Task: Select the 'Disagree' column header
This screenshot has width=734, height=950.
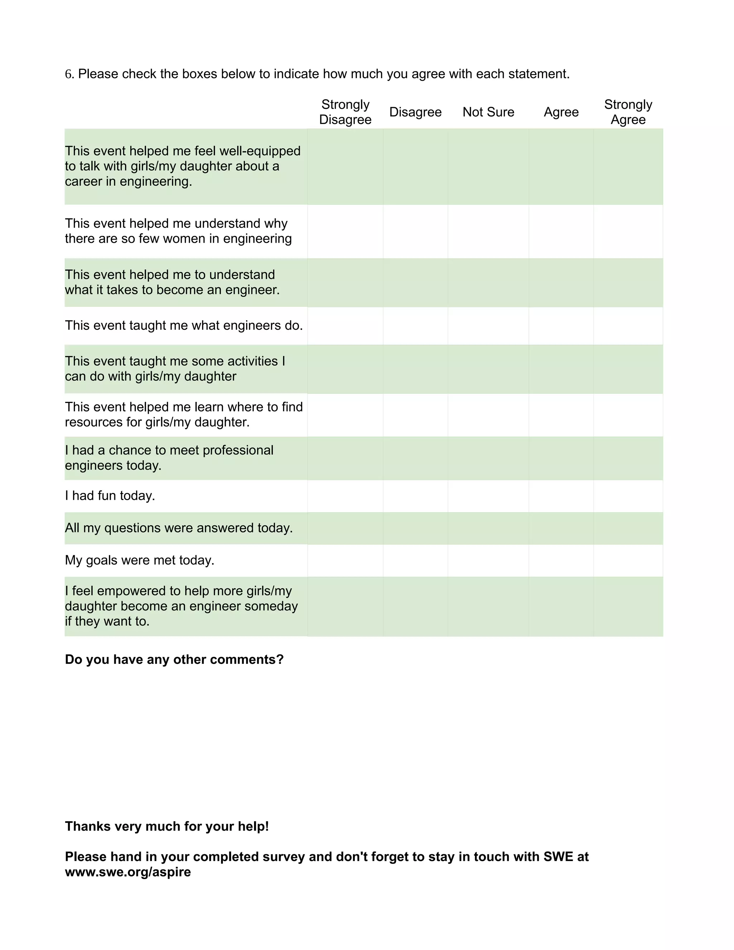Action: [415, 112]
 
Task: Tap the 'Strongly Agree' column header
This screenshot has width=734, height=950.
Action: [628, 112]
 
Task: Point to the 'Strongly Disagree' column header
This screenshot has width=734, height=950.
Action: [345, 112]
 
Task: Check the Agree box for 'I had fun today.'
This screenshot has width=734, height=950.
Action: [561, 496]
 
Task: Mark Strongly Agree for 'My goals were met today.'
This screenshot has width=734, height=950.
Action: [628, 560]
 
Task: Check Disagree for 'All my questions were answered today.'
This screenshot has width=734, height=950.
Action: [415, 528]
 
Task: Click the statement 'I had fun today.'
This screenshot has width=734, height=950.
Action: [110, 496]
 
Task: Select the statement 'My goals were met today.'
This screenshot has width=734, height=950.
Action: [139, 560]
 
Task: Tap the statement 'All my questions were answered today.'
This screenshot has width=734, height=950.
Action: [179, 528]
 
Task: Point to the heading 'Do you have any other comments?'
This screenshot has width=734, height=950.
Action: [174, 659]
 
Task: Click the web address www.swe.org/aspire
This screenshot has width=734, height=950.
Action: [128, 872]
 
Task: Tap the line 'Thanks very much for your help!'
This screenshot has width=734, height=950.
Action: [167, 826]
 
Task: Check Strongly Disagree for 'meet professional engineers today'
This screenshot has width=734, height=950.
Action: [345, 458]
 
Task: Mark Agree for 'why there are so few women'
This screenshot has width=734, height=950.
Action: [561, 232]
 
